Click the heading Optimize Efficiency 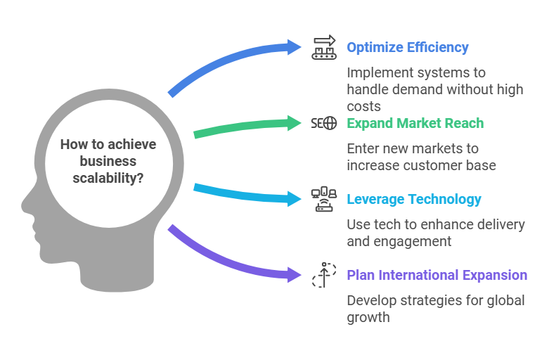coord(408,47)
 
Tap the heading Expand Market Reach coord(415,123)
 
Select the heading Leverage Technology coord(414,199)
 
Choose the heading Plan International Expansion coord(437,275)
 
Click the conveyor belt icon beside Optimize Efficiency coord(324,47)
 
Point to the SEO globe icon coord(324,123)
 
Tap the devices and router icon coord(324,199)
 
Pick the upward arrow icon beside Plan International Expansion coord(324,275)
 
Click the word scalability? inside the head coord(108,179)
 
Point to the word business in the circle coord(108,161)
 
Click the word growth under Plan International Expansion coord(368,318)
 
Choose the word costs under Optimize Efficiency coord(364,106)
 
